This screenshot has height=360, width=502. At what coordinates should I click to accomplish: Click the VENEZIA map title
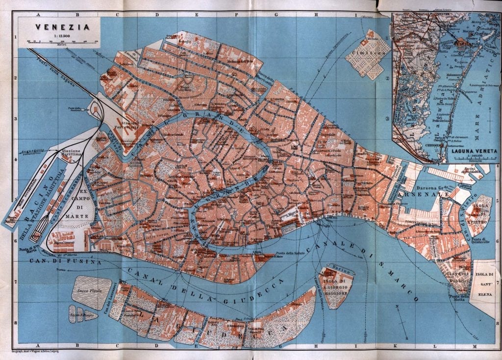click(x=58, y=27)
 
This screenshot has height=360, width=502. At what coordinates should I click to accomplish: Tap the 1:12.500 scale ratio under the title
click(x=58, y=35)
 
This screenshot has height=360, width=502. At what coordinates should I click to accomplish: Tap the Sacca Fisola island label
click(x=89, y=290)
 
